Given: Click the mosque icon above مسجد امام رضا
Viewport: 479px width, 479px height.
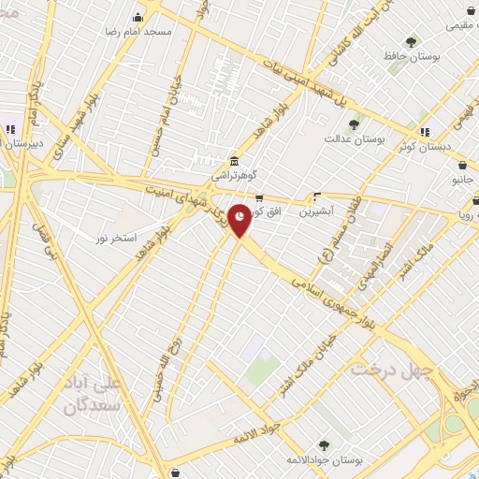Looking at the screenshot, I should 138,16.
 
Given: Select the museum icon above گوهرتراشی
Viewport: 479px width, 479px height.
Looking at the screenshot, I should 233,159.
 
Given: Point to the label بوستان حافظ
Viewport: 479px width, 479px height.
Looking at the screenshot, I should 413,57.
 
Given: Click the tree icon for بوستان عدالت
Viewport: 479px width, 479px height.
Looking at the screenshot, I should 355,123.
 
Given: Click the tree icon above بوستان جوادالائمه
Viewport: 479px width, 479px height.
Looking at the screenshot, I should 325,445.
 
